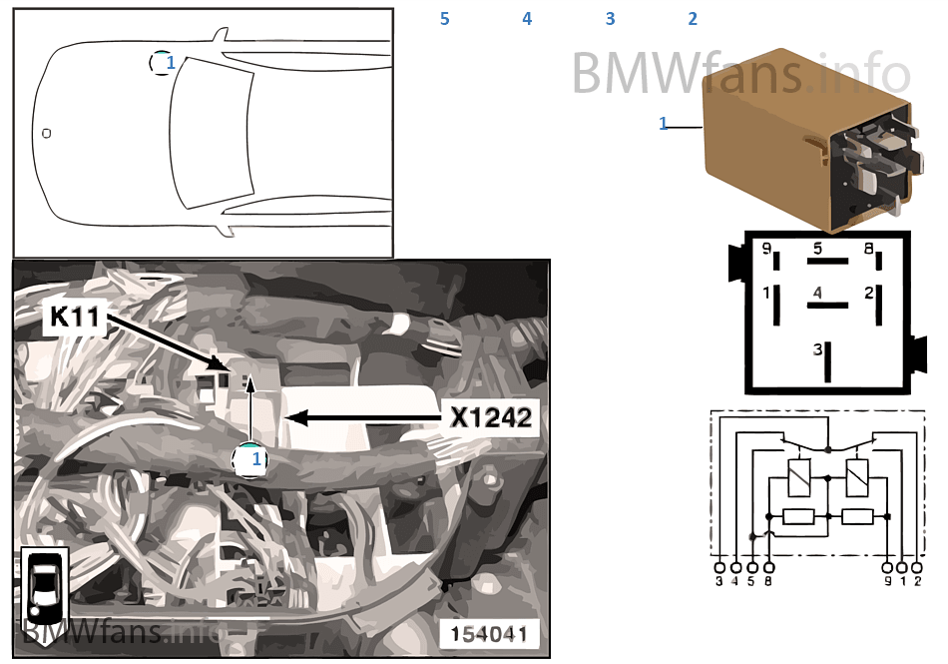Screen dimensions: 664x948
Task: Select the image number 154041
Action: pyautogui.click(x=489, y=634)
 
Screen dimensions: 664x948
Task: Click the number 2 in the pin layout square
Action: pyautogui.click(x=869, y=294)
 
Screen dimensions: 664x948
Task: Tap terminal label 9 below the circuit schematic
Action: pyautogui.click(x=888, y=580)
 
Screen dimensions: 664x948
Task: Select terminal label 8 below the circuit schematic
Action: pyautogui.click(x=767, y=580)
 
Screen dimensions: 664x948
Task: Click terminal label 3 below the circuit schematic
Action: pyautogui.click(x=719, y=580)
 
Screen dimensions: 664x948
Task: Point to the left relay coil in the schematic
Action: pyautogui.click(x=798, y=477)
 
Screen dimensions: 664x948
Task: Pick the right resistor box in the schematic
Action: pyautogui.click(x=857, y=516)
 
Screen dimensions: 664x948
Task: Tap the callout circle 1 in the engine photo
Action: pyautogui.click(x=250, y=460)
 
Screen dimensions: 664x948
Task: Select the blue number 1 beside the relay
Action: pyautogui.click(x=663, y=124)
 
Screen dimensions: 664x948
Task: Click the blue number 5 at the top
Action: pyautogui.click(x=445, y=19)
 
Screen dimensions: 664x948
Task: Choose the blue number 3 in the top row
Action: pyautogui.click(x=610, y=19)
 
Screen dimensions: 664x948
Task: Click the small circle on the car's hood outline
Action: pyautogui.click(x=46, y=132)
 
